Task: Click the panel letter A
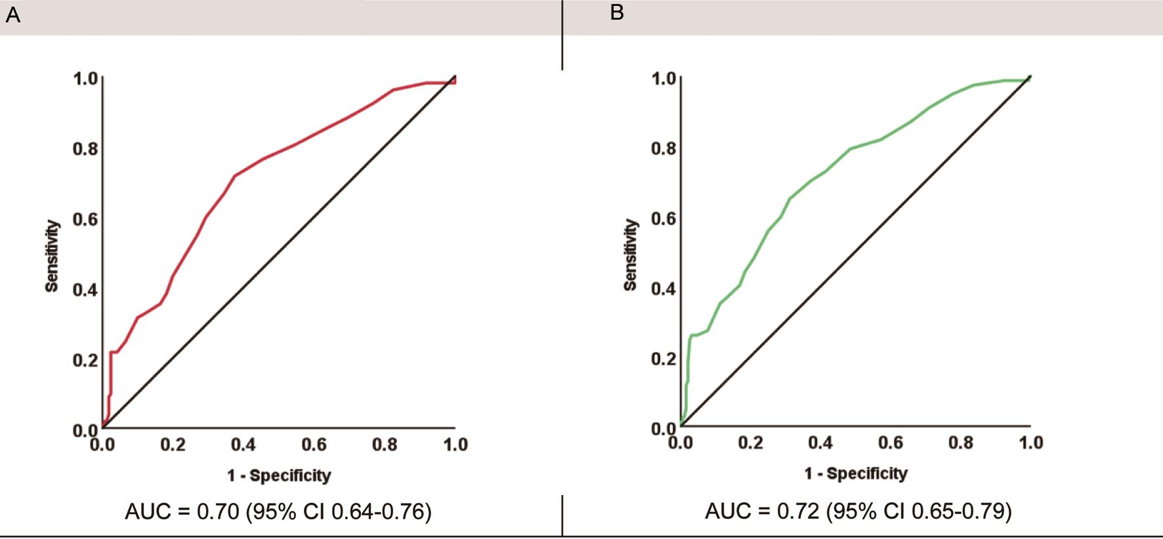tap(12, 15)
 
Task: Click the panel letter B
tap(616, 12)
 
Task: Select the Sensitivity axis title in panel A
tap(52, 256)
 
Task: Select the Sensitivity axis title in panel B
tap(630, 255)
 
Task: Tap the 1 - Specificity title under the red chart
tap(279, 475)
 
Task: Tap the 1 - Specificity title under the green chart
tap(856, 473)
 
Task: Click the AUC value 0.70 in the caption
tap(217, 511)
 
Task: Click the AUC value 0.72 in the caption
tap(797, 511)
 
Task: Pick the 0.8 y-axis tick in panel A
tap(85, 149)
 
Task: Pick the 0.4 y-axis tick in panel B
tap(664, 289)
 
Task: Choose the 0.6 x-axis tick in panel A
tap(314, 445)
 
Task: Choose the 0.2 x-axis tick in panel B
tap(750, 443)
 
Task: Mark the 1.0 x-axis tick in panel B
tap(1030, 443)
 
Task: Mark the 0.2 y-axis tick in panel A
tap(85, 360)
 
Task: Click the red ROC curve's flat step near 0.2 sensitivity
tap(114, 352)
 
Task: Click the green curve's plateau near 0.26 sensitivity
tap(696, 335)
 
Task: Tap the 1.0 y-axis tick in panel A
tap(85, 79)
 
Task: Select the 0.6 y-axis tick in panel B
tap(664, 218)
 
